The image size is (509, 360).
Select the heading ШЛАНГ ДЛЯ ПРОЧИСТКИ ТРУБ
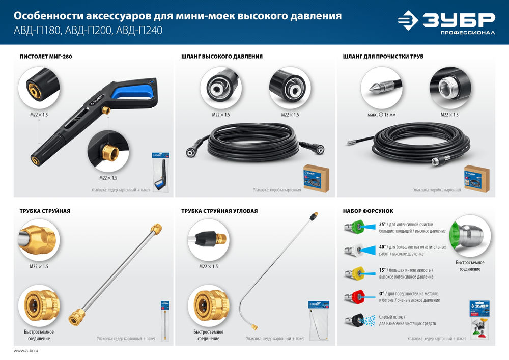384,57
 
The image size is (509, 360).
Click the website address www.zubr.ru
26,351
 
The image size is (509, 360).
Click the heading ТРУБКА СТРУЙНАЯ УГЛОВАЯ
219,211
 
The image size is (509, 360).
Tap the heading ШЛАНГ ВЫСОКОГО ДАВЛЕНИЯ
222,57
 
